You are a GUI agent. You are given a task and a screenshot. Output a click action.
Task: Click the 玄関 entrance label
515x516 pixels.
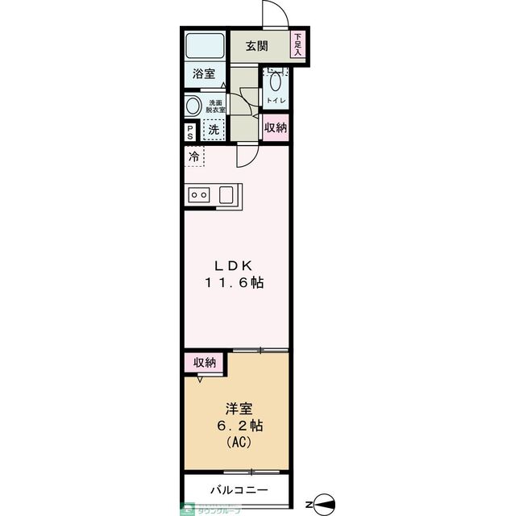(257, 45)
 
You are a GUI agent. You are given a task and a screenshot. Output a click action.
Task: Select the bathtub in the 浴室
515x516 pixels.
(204, 45)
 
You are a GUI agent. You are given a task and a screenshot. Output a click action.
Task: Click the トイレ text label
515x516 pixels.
(275, 101)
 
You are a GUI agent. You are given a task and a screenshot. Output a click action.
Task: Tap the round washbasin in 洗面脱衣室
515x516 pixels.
(193, 105)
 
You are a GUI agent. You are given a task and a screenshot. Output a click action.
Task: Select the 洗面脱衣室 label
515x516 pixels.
(215, 106)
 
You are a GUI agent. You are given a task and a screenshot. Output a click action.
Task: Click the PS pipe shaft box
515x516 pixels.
(190, 131)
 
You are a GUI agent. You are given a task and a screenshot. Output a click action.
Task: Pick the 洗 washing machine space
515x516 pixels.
(214, 129)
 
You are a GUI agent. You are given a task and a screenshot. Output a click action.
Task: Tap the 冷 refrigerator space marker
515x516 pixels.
(193, 157)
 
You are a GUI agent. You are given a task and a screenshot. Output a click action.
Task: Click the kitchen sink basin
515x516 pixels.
(226, 194)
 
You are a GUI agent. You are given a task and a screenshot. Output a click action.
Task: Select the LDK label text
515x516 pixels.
(234, 265)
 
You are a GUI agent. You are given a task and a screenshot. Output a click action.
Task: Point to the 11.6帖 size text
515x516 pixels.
(234, 284)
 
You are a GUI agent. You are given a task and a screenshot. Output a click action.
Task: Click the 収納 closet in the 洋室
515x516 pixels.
(205, 363)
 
